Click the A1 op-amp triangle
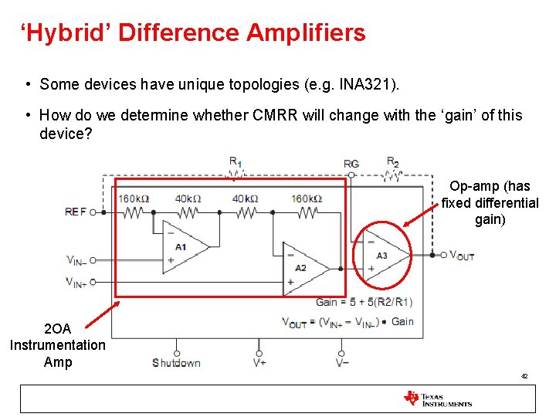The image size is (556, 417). click(x=183, y=246)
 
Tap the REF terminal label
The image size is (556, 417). click(x=76, y=212)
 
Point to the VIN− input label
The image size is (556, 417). click(x=76, y=260)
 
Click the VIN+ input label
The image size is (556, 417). click(x=76, y=282)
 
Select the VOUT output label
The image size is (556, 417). click(x=462, y=256)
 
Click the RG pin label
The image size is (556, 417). click(x=351, y=164)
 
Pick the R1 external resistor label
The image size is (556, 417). click(x=235, y=161)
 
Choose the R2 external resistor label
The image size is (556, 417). click(x=392, y=161)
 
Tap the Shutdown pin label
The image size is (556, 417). click(x=176, y=363)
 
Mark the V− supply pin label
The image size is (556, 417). click(x=342, y=363)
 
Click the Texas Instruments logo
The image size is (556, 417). click(x=437, y=398)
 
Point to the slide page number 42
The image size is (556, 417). click(x=524, y=376)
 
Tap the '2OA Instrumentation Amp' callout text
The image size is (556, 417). click(x=58, y=345)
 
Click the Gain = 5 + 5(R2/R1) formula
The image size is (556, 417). click(x=364, y=302)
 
